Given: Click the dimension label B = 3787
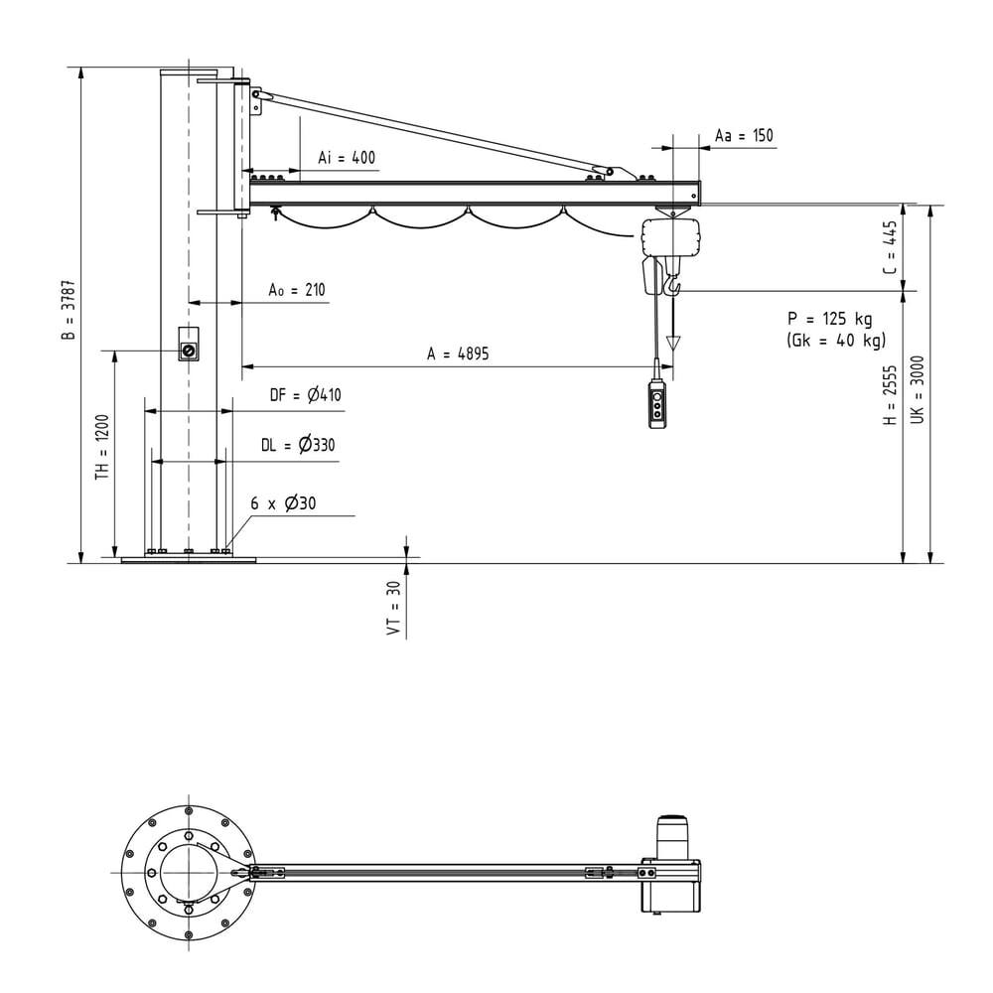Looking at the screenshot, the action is (69, 310).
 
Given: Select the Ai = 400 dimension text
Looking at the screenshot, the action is (347, 158).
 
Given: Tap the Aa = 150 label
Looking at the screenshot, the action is (744, 135).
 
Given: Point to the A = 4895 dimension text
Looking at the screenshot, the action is (458, 354).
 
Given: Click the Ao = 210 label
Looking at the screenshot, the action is (296, 290).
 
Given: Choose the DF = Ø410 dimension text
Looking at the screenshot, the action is (305, 395).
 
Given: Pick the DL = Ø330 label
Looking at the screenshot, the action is (298, 445).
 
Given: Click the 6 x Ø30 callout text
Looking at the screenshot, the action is (283, 503).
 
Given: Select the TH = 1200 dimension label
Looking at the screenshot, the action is (102, 447).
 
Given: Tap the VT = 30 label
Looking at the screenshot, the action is (394, 608).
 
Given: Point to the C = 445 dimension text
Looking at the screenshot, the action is (891, 247).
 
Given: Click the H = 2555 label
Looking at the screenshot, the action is (891, 394).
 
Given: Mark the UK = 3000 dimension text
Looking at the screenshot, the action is (917, 389).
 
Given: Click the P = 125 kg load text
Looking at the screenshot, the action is (830, 319).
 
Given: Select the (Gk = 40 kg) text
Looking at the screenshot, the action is (836, 340).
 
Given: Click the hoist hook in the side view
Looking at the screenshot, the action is (672, 284).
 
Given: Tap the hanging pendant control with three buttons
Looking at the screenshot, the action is (658, 405).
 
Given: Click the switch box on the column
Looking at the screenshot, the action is (188, 344).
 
